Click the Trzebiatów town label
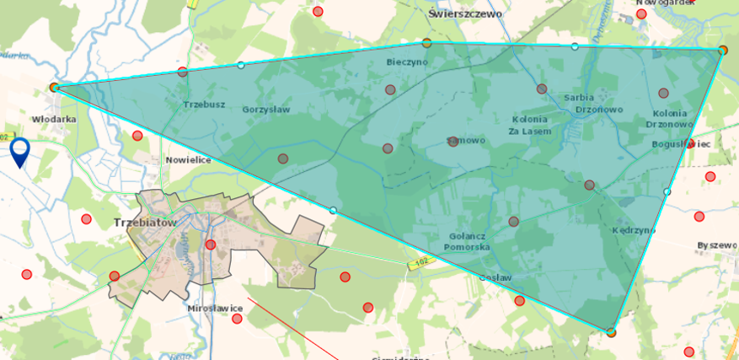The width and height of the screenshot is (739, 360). click(143, 223)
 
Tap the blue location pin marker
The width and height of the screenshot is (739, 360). click(20, 153)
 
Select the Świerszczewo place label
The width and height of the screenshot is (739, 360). click(464, 14)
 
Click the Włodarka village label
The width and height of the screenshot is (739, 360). click(54, 120)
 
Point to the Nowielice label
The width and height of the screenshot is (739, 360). click(188, 159)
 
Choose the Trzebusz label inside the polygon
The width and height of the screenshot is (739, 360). click(204, 105)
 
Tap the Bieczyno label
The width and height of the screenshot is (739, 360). click(407, 62)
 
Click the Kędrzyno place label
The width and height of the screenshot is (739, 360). click(634, 229)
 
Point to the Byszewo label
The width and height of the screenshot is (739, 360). click(717, 245)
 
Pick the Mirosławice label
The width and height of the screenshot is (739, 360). click(216, 309)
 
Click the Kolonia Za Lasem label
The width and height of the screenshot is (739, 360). click(530, 126)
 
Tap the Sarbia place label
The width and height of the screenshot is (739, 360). click(579, 98)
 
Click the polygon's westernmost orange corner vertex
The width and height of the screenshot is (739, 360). click(54, 87)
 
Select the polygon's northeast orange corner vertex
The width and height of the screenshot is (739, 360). click(722, 51)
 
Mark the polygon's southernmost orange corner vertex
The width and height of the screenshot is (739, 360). click(611, 332)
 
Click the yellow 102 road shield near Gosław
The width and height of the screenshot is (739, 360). click(420, 265)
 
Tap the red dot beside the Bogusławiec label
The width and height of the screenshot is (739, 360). click(691, 144)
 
